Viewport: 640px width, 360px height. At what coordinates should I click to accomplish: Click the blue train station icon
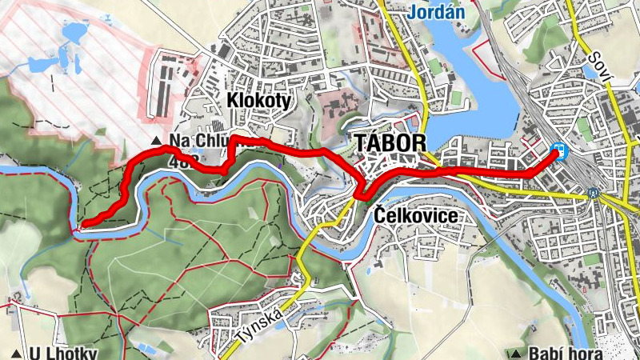click(x=561, y=150)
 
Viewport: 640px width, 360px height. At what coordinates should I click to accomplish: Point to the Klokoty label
click(x=258, y=101)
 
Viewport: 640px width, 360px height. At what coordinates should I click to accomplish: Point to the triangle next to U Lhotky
click(x=16, y=354)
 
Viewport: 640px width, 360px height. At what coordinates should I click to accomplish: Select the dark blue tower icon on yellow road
click(x=593, y=193)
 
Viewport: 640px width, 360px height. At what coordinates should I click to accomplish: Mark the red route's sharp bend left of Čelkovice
click(x=358, y=194)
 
